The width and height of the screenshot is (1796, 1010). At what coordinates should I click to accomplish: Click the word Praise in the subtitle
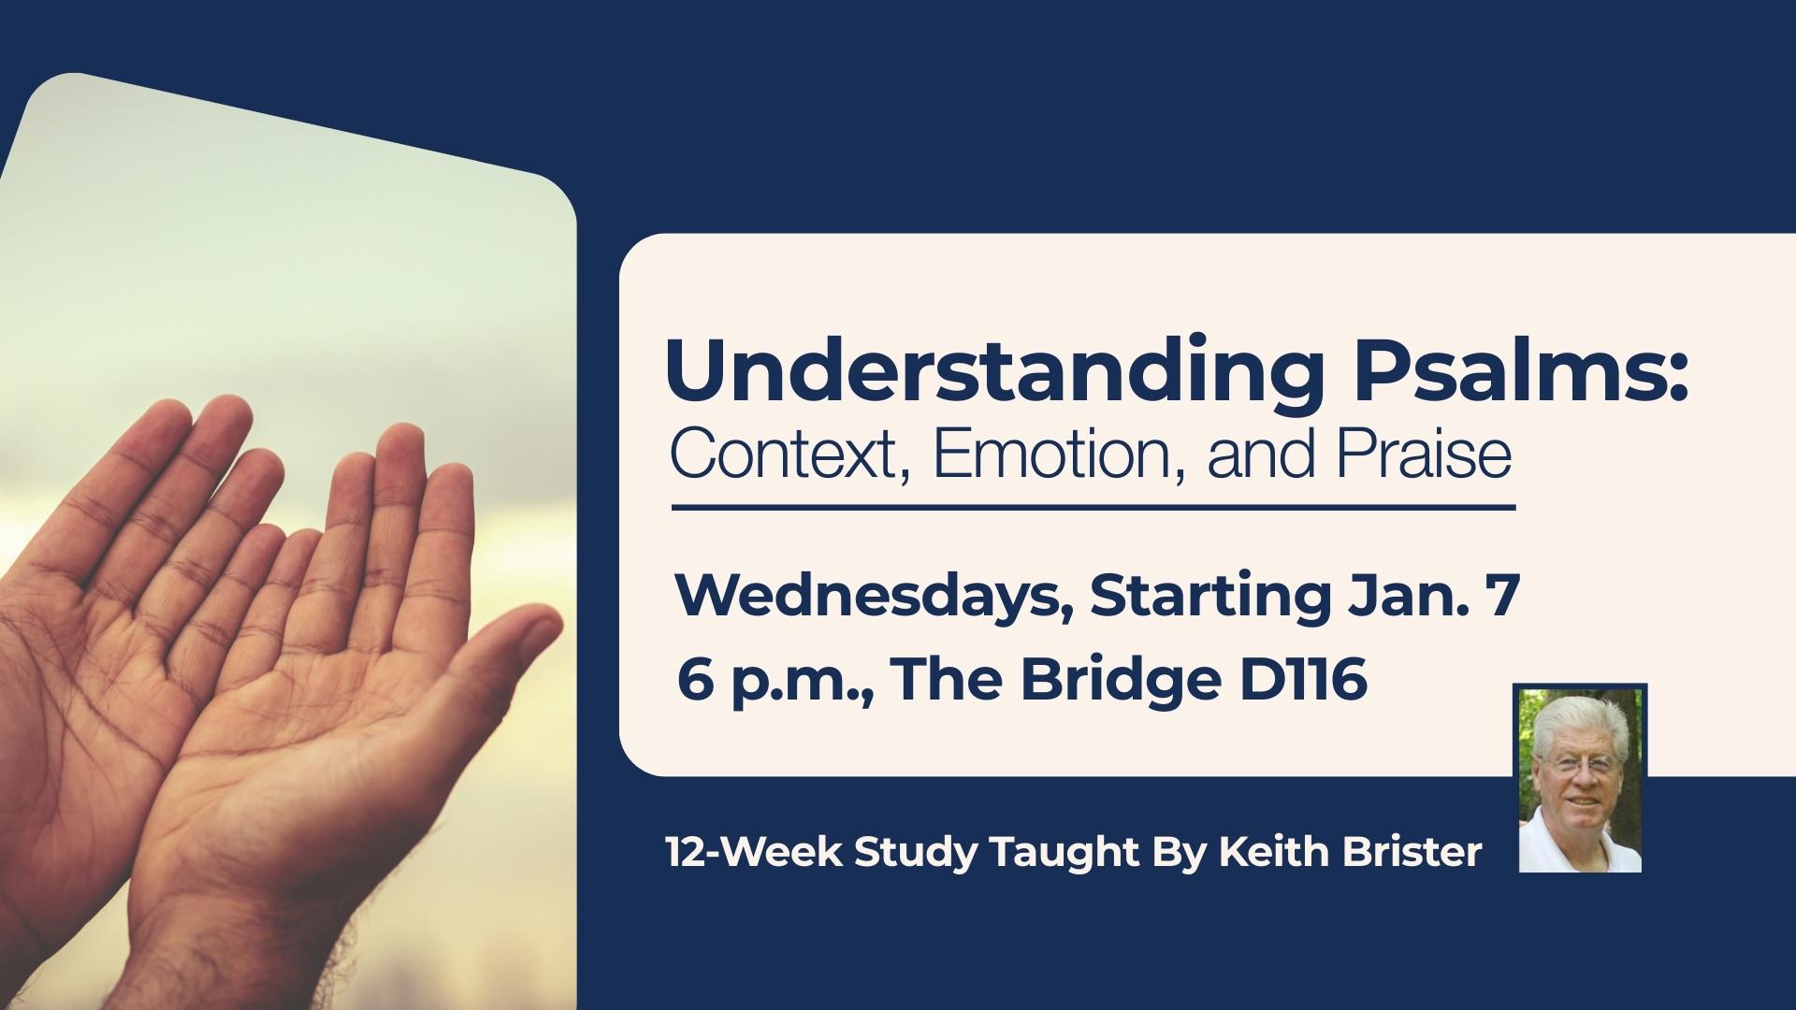(1424, 454)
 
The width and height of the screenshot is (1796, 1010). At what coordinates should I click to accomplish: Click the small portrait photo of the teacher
(1580, 779)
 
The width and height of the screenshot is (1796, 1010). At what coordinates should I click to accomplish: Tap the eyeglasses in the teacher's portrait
(1577, 765)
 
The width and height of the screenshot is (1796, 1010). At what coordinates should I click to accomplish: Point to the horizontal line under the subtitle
(1094, 508)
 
